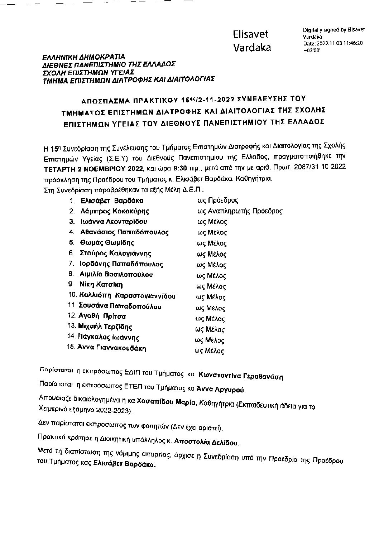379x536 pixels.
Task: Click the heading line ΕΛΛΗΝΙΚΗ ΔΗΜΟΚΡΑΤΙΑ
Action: coord(83,57)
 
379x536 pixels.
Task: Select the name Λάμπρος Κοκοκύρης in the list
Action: coord(115,211)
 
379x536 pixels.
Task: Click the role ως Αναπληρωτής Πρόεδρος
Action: coord(240,211)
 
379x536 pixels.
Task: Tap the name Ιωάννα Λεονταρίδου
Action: coord(113,222)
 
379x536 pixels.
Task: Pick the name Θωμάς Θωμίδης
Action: coord(107,243)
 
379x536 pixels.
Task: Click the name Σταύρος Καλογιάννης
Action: coord(115,253)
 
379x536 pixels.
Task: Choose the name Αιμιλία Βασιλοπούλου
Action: coord(116,275)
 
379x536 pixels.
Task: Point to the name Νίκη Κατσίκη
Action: coord(101,285)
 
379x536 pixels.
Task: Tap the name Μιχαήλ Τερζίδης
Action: coord(105,327)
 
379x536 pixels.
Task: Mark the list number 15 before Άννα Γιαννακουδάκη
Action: coord(70,347)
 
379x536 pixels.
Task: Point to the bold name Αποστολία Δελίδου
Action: coord(206,443)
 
